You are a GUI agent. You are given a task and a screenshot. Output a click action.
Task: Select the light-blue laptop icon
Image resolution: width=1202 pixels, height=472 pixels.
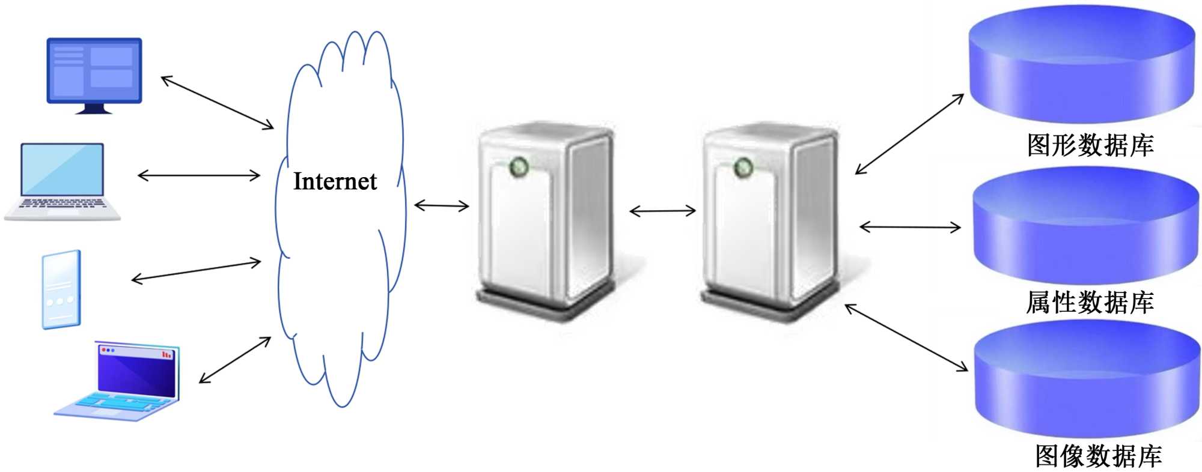(62, 180)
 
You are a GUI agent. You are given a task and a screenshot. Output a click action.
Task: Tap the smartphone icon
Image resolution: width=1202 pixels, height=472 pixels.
(61, 289)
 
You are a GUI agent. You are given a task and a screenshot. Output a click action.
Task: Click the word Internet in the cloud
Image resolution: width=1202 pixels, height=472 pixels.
(335, 181)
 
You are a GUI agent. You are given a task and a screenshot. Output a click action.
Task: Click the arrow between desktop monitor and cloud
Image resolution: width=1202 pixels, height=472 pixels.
(217, 102)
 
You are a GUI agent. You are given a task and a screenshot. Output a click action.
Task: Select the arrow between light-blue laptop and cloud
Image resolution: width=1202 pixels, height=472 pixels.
(199, 175)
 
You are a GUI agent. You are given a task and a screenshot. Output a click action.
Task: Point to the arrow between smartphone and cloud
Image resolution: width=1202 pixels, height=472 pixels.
(196, 271)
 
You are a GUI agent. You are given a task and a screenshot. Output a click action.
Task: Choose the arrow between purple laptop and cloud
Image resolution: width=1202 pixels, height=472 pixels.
(234, 360)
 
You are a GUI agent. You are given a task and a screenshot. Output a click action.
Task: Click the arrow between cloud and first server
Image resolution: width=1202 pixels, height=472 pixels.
(441, 206)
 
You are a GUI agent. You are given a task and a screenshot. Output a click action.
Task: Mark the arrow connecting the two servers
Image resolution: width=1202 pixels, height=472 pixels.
(662, 211)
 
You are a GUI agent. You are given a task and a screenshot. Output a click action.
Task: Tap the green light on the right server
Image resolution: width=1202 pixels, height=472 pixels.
(743, 168)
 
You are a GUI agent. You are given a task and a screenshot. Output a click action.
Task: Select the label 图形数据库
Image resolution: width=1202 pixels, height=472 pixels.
(1090, 145)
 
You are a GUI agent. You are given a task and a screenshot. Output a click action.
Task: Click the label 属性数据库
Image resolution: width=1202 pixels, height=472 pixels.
(1090, 302)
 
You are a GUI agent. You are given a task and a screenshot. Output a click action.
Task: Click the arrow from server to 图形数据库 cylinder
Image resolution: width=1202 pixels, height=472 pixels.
(909, 134)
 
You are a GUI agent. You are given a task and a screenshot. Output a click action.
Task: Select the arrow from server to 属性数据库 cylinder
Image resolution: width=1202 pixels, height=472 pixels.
(910, 227)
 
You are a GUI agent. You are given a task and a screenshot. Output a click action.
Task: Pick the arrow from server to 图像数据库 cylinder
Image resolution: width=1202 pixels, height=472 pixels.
(906, 337)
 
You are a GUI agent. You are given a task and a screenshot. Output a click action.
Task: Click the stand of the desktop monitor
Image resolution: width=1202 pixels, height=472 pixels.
(94, 109)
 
